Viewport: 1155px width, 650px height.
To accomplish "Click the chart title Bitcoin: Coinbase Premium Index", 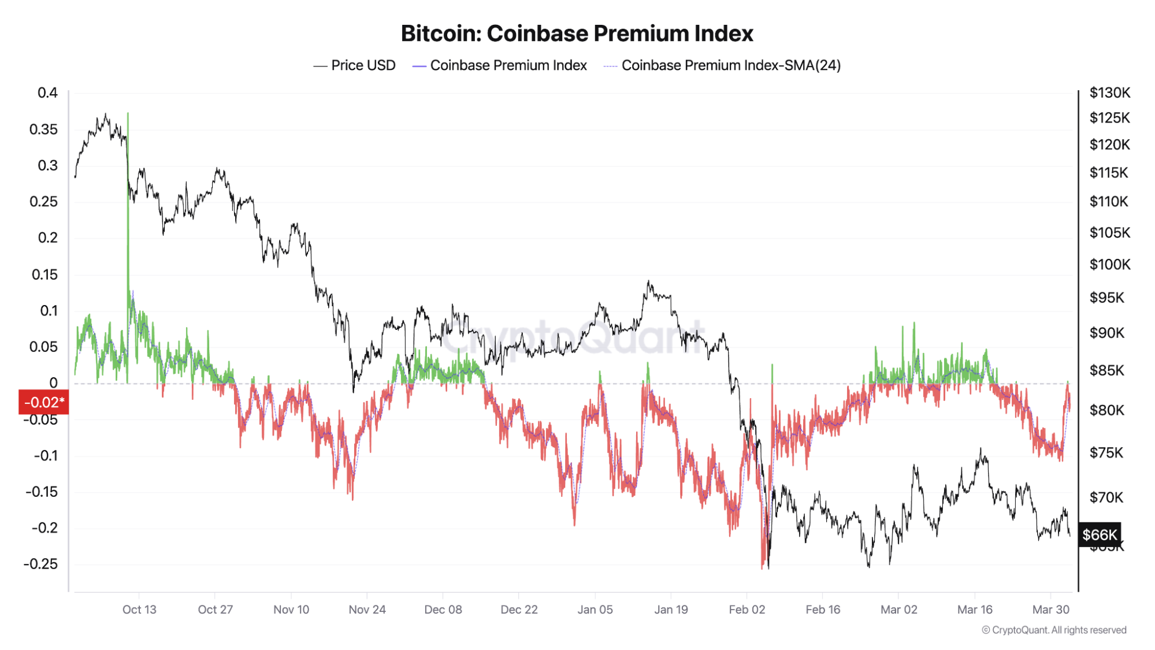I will (577, 34).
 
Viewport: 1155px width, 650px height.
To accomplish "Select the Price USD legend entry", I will (355, 65).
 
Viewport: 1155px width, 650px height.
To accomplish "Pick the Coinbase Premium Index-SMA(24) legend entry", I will (722, 65).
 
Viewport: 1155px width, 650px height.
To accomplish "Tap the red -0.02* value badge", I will (44, 402).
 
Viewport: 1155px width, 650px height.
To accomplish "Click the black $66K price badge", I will (1100, 534).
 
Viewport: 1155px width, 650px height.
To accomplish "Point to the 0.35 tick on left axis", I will (44, 129).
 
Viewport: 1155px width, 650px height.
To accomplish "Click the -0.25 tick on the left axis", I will (41, 564).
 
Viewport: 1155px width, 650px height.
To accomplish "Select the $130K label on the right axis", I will (1109, 92).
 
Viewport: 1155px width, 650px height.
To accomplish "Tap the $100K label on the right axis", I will (1109, 265).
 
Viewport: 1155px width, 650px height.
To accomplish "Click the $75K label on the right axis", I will (1106, 452).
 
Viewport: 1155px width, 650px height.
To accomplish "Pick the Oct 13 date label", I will (139, 610).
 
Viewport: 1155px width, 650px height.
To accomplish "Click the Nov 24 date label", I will (367, 610).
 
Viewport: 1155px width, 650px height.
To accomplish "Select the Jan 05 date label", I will (595, 610).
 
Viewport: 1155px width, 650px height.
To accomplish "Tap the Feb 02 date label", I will (747, 610).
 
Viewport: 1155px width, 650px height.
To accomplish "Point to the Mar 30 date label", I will (1050, 610).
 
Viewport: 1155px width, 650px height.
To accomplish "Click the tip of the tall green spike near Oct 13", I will (128, 113).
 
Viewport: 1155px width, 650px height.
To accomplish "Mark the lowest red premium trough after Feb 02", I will (763, 569).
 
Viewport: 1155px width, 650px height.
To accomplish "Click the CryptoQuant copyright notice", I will (1054, 630).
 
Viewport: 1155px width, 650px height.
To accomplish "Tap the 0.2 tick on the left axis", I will (48, 238).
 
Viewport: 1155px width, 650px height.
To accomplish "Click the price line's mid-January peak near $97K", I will (648, 281).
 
